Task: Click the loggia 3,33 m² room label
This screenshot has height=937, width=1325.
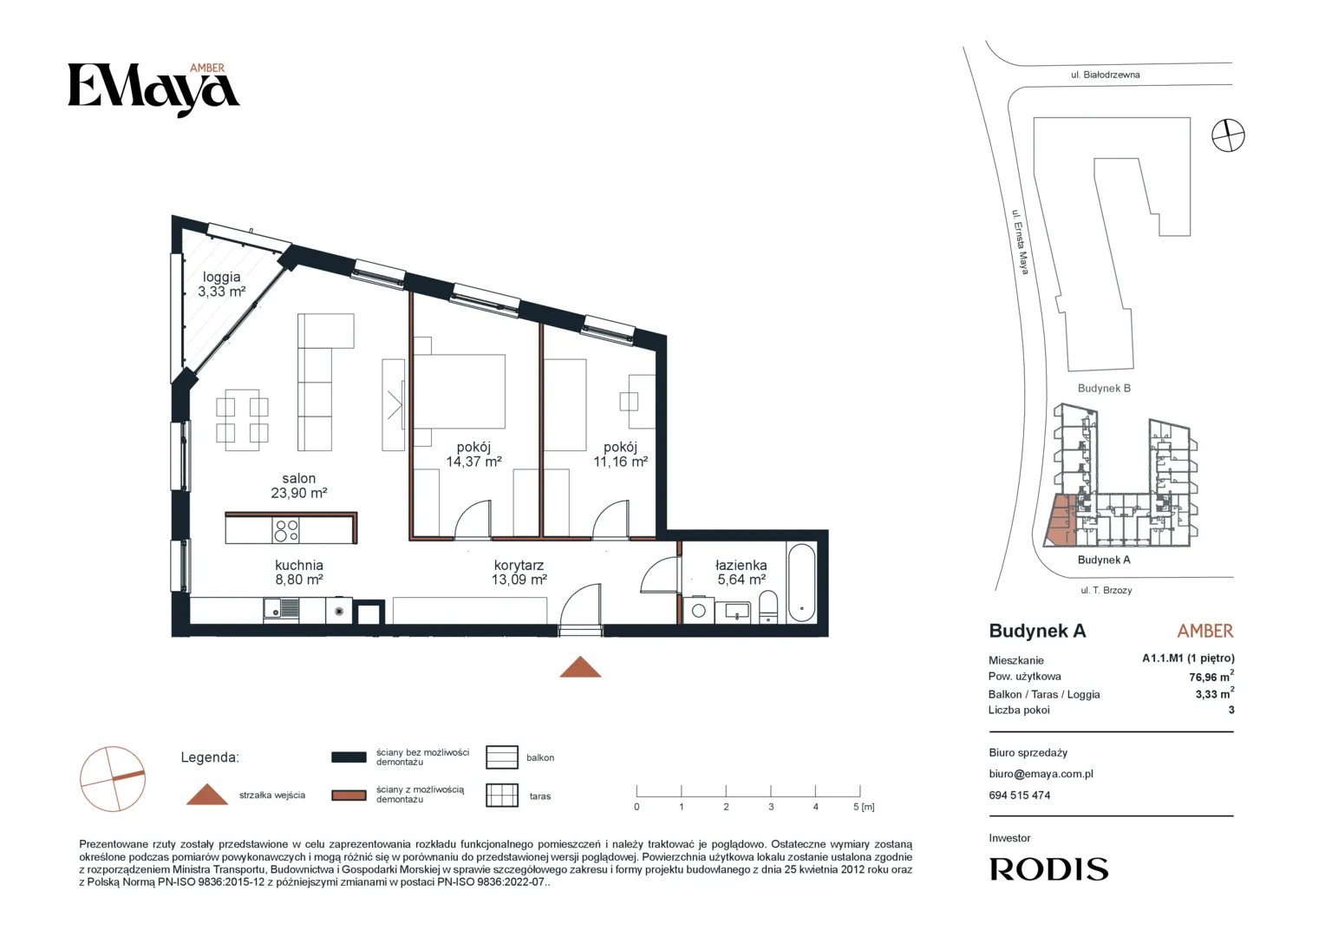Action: tap(222, 284)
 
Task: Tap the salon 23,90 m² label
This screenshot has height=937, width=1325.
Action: tap(298, 485)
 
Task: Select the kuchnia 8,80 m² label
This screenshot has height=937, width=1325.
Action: tap(298, 573)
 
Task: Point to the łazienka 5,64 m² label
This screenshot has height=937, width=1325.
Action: tap(741, 573)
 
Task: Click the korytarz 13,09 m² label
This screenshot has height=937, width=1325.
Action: tap(519, 573)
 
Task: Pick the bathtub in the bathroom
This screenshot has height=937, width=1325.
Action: tap(802, 582)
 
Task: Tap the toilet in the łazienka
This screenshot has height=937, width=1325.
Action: tap(768, 606)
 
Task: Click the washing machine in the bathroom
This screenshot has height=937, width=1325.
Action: tap(699, 610)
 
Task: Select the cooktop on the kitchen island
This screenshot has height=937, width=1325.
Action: tap(285, 530)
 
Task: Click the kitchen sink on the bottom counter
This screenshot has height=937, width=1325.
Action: tap(282, 609)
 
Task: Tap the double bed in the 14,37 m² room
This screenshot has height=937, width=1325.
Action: tap(459, 391)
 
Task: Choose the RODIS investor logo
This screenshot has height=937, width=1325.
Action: tap(1048, 869)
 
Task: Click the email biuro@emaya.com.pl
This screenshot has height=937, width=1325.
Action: tap(1041, 774)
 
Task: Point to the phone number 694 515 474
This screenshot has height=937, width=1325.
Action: tap(1020, 796)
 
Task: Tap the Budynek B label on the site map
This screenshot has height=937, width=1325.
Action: tap(1104, 389)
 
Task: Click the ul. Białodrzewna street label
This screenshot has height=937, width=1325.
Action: tap(1106, 75)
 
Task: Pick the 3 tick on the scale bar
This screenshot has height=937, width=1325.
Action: tap(771, 790)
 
